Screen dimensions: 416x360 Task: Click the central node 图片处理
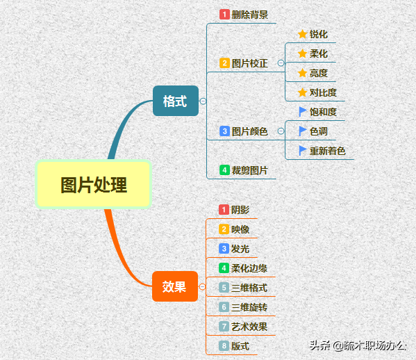point(93,184)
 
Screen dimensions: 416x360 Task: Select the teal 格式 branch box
point(176,101)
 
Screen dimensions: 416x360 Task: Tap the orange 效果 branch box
point(175,286)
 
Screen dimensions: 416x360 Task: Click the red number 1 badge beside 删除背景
point(224,15)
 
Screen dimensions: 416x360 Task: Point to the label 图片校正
point(249,63)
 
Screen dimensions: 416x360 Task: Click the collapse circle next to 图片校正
point(281,63)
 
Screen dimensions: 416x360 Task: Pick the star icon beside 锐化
point(302,34)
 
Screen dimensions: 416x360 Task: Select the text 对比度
point(323,92)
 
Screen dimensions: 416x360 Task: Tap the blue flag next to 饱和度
point(302,112)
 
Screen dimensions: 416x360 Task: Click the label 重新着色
point(328,151)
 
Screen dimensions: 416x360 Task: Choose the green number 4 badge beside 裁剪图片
point(224,170)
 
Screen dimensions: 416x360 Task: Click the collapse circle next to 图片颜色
point(281,131)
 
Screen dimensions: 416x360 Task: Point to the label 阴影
point(240,210)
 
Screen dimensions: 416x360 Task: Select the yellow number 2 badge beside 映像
point(224,229)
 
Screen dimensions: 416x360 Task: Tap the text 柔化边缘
point(249,268)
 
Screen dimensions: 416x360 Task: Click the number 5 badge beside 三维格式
point(224,288)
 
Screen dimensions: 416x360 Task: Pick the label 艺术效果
point(249,327)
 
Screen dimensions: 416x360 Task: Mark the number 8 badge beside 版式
point(224,346)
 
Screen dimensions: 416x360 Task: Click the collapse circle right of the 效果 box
point(202,287)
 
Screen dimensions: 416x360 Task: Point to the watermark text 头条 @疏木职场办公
point(358,345)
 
